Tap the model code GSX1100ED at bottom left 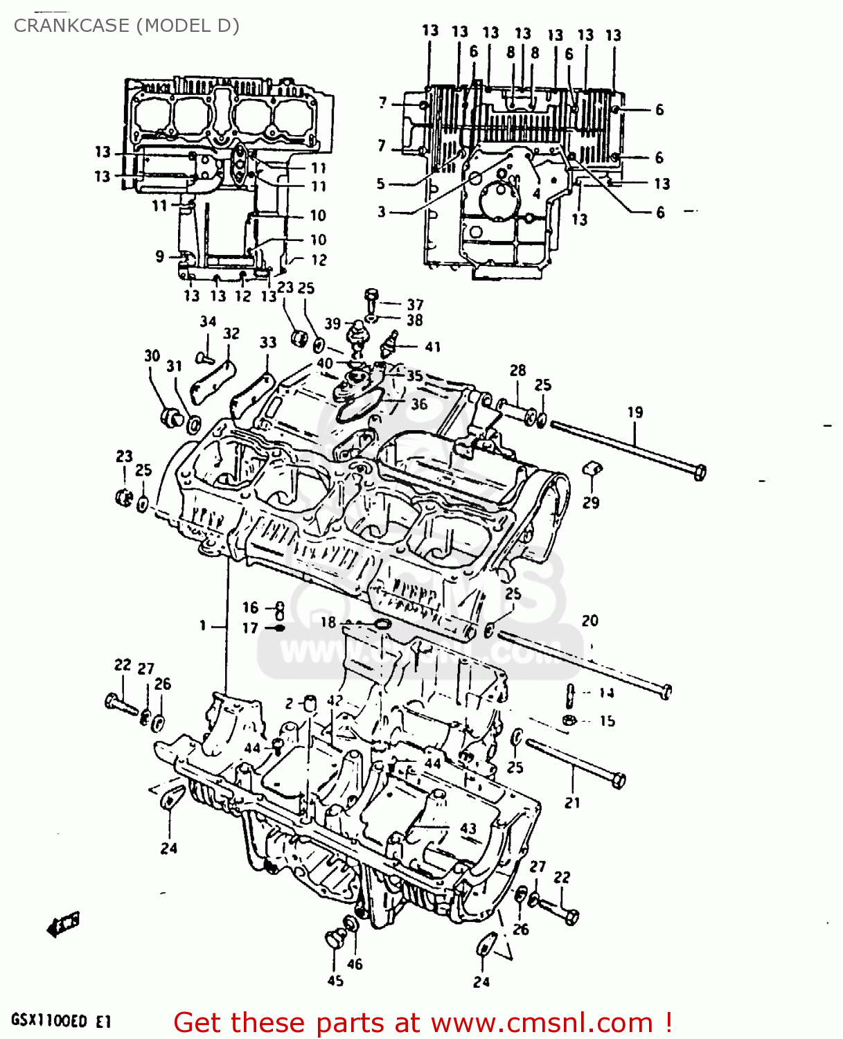[x=49, y=1020]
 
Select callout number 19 [x=635, y=412]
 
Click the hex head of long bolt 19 [x=699, y=472]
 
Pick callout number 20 [x=589, y=621]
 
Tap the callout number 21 [x=572, y=803]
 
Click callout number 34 [x=208, y=321]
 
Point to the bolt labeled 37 [x=371, y=299]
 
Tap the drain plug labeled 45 [x=335, y=940]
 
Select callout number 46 [x=355, y=963]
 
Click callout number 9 [x=160, y=256]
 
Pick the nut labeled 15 [x=568, y=720]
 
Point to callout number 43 [x=468, y=828]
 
